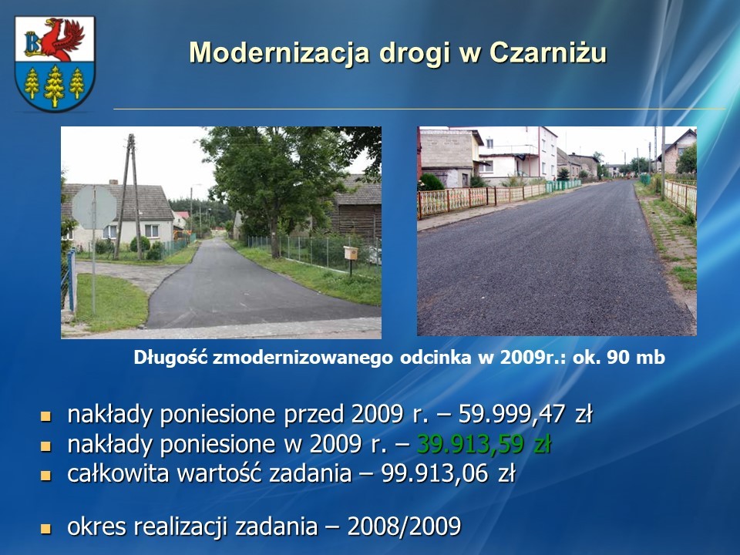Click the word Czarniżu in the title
[548, 52]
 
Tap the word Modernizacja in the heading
[279, 52]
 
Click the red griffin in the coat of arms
[62, 39]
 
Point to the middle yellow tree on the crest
[54, 86]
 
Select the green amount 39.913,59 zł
[484, 444]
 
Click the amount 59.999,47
[512, 414]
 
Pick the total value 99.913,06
[434, 473]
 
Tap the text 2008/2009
[404, 526]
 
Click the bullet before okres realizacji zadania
[45, 528]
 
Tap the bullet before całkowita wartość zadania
[45, 476]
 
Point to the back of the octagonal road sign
[94, 207]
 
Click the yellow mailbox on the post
[351, 254]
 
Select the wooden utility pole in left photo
[128, 196]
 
